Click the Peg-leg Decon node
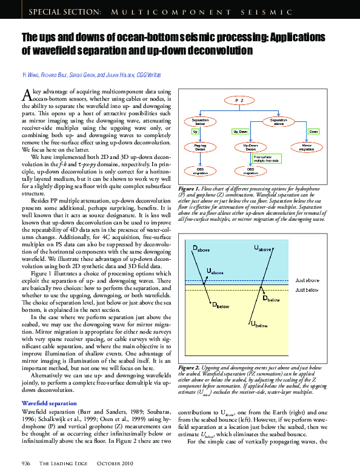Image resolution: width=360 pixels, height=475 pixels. (x=201, y=147)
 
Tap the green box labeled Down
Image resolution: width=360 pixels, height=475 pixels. (x=313, y=131)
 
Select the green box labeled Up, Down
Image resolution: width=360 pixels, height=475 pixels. (x=240, y=131)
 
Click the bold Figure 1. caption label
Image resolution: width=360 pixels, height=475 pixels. (x=192, y=190)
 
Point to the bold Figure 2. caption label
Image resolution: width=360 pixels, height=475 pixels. (x=192, y=368)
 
